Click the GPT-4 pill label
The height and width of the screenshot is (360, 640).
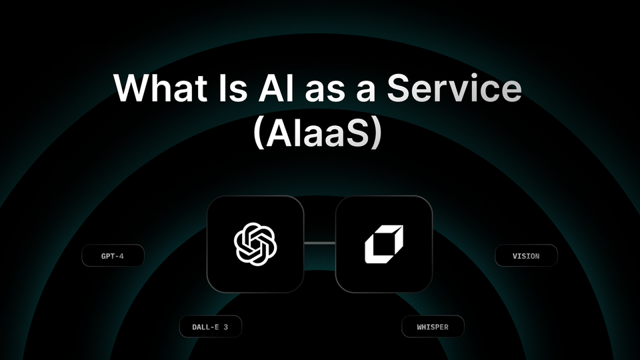click(x=113, y=256)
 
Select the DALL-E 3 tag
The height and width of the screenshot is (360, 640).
click(x=210, y=327)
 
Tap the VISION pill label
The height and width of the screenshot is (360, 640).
click(x=526, y=255)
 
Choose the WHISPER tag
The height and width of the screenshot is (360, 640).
click(x=433, y=327)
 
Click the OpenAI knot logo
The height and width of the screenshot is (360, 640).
click(x=255, y=244)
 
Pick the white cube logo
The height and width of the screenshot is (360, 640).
click(x=384, y=244)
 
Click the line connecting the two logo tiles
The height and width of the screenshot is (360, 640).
click(x=319, y=244)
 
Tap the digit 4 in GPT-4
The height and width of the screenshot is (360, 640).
click(x=121, y=256)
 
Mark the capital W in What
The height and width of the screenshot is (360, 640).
click(x=131, y=87)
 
